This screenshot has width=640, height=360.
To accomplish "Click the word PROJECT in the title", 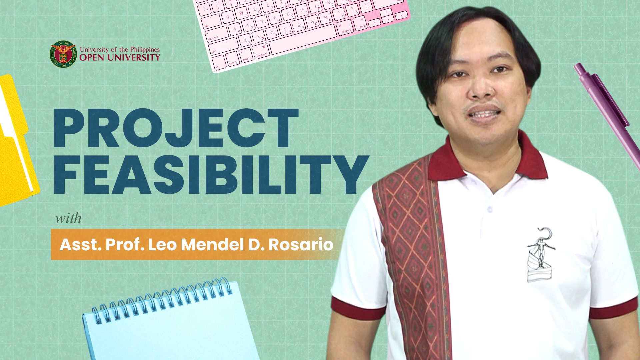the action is [176, 128].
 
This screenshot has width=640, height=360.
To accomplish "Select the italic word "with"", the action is [68, 218].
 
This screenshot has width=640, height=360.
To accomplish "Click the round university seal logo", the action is [63, 54].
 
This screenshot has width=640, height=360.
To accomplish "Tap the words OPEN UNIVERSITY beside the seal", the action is [120, 57].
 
